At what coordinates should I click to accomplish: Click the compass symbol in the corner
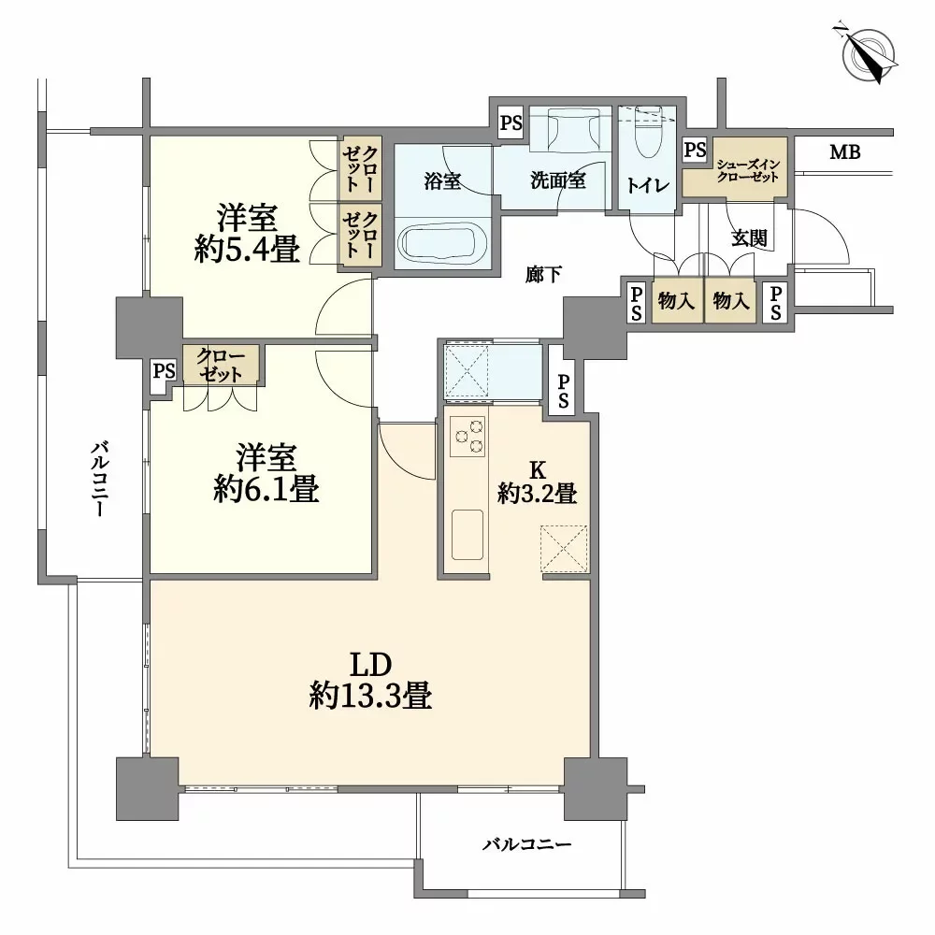click(870, 53)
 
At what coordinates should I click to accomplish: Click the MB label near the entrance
click(844, 152)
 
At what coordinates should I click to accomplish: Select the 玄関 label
click(749, 237)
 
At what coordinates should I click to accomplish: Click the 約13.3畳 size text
click(370, 696)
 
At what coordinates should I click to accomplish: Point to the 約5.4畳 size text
click(247, 250)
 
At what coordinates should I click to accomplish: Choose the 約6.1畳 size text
click(266, 489)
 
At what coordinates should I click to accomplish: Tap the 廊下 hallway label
click(543, 275)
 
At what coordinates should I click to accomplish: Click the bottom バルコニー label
click(526, 845)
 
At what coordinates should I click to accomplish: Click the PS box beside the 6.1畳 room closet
click(164, 371)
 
